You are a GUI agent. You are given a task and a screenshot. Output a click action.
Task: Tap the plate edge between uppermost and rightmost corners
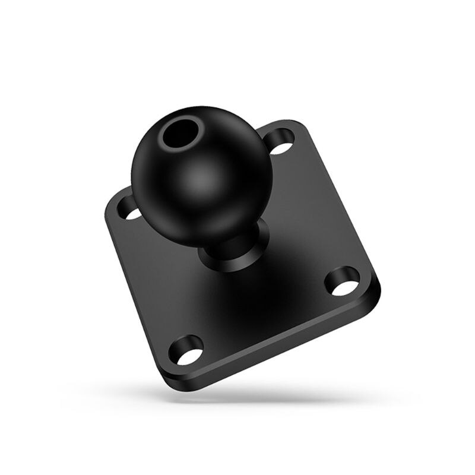pyautogui.click(x=338, y=202)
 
